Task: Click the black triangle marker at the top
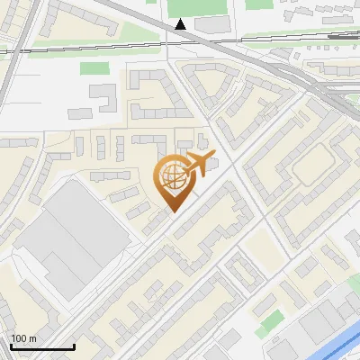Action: point(182,24)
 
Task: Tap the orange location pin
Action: point(175,181)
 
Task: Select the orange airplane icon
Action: point(198,165)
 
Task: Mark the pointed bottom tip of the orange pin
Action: point(175,211)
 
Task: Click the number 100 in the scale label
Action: point(20,338)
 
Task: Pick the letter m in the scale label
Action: point(33,338)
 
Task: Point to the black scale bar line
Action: point(42,346)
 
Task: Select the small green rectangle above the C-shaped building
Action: point(94,67)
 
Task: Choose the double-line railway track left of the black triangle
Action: point(90,46)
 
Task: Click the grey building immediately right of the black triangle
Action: point(213,25)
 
